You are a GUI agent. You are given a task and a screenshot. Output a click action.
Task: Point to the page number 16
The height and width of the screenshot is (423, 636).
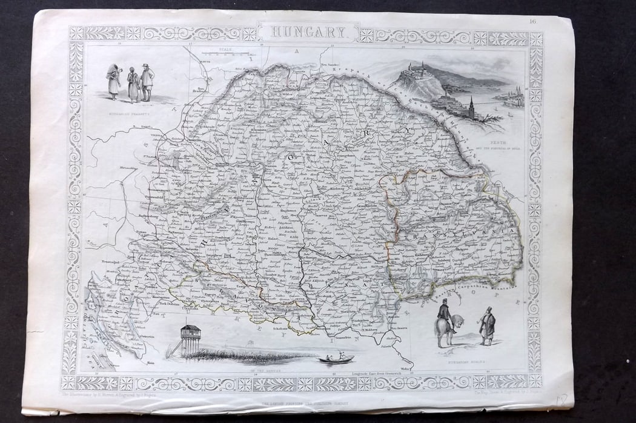[x=532, y=22]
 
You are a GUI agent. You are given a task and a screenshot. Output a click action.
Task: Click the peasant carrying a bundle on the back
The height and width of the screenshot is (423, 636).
[x=113, y=79]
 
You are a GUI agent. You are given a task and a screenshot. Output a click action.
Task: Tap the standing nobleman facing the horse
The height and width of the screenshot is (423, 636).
[x=486, y=327]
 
